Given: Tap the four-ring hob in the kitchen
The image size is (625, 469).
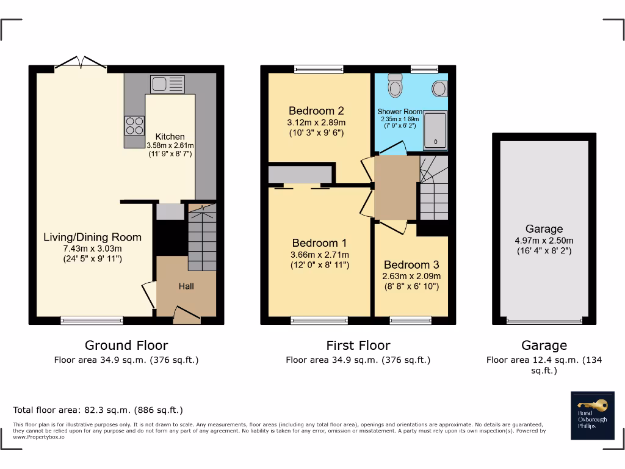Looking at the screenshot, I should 134,125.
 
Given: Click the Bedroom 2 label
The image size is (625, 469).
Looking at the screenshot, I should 316,111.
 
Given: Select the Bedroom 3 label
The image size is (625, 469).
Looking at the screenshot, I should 411,264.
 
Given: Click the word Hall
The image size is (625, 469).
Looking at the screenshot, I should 186,286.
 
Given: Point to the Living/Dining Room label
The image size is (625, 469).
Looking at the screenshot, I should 92,237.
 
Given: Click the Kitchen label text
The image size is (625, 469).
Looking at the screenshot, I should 170,136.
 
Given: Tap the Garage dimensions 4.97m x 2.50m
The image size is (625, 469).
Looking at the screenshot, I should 544,240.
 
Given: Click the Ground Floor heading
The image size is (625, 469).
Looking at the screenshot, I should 126,346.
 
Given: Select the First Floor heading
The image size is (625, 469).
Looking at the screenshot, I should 358,346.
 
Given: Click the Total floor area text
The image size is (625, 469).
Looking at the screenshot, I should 98,410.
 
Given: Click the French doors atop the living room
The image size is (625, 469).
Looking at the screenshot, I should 80,64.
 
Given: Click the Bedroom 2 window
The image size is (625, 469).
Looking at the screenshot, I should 316,69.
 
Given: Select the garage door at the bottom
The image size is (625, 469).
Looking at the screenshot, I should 543,320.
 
